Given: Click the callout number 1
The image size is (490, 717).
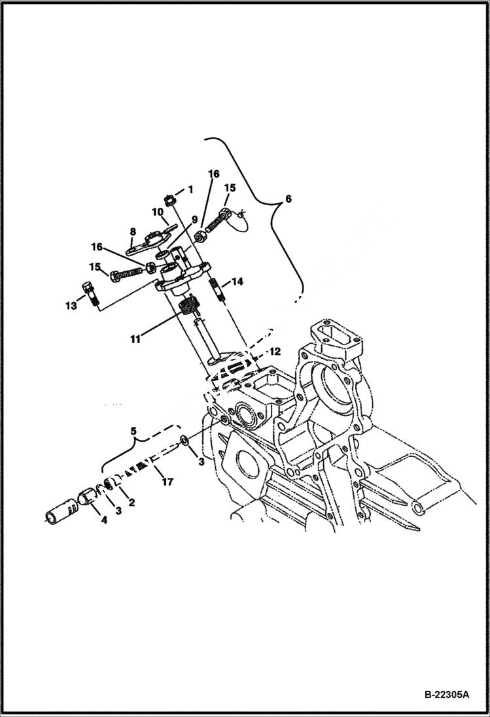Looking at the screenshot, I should coord(190,189).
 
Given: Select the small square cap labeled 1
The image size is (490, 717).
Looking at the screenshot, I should coord(169,199).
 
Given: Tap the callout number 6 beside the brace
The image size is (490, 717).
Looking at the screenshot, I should coord(289,199).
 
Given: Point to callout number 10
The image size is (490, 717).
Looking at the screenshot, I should coord(158,212).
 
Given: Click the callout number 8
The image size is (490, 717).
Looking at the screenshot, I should coord(132,231).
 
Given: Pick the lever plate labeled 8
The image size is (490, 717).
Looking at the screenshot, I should coord(149,241).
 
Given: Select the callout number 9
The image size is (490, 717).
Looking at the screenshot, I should coord(194,220).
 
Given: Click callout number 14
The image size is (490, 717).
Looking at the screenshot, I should coord(237,282).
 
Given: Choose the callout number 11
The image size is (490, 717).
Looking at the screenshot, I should coord(135,339).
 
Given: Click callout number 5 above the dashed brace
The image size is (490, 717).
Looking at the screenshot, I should coord(133,431).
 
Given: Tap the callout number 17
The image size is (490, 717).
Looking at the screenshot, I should coord(167,482).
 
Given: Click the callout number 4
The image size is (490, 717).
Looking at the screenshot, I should coord(102,520).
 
